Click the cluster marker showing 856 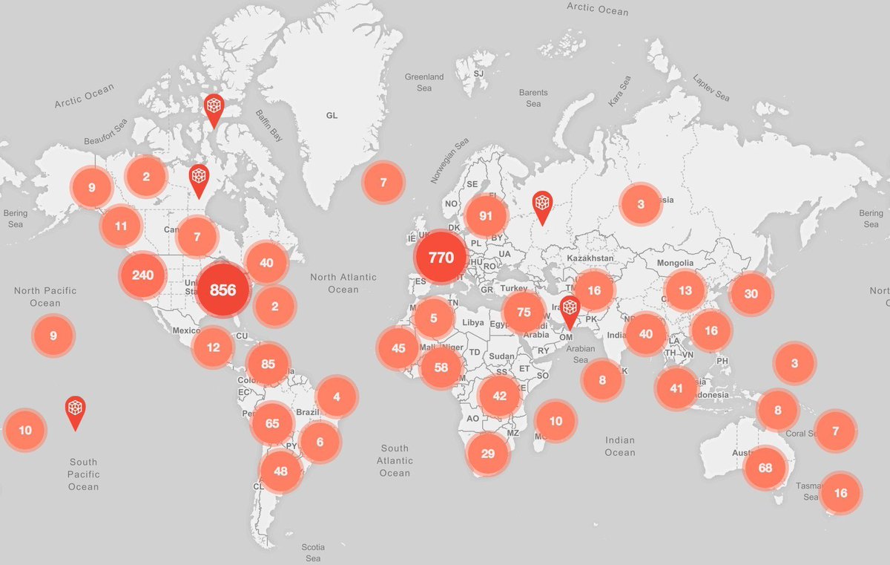tap(222, 290)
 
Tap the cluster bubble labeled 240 tap(142, 275)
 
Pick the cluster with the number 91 tap(486, 216)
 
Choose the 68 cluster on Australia tap(765, 468)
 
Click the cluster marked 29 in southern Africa tap(487, 453)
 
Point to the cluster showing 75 tap(524, 312)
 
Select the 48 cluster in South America tap(280, 470)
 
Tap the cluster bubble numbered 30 tap(751, 293)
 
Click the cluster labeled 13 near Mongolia tap(685, 290)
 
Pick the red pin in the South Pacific tap(75, 411)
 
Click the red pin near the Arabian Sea tap(570, 310)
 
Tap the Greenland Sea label tap(423, 82)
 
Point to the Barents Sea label tap(533, 98)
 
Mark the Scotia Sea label tap(313, 552)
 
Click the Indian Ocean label tap(619, 446)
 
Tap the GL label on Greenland tap(332, 116)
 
